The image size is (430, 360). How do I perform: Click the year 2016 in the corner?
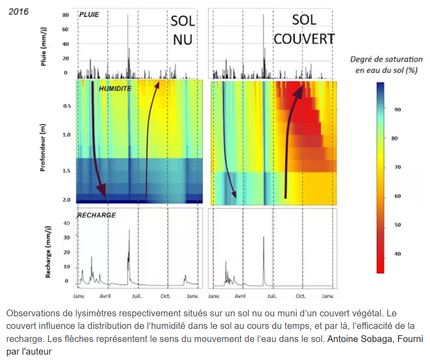click(x=18, y=11)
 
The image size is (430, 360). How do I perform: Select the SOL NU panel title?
click(x=183, y=31)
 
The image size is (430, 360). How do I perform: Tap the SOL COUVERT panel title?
click(x=304, y=29)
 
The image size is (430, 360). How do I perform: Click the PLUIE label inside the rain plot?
click(x=89, y=14)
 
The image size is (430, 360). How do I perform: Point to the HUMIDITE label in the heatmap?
click(x=115, y=89)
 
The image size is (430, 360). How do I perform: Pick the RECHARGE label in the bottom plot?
click(x=97, y=215)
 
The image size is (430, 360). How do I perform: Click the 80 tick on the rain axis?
click(x=65, y=15)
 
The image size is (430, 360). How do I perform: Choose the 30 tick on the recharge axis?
click(x=67, y=237)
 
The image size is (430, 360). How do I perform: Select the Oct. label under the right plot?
click(x=300, y=297)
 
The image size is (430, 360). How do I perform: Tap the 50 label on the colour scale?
click(x=397, y=225)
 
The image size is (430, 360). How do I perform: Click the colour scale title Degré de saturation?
click(x=386, y=59)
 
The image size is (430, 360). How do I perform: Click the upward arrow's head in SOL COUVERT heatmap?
click(x=299, y=90)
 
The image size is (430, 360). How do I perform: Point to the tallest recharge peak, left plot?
click(x=129, y=230)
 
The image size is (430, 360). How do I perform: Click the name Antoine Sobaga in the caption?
click(x=353, y=339)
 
